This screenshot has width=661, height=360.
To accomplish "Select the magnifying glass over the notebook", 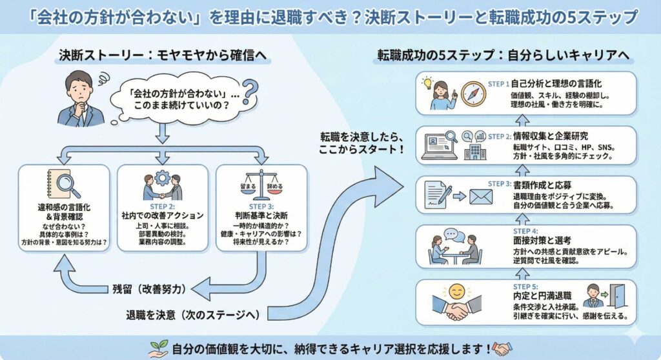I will tap(67, 185).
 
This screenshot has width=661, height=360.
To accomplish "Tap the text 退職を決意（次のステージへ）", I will tap(192, 315).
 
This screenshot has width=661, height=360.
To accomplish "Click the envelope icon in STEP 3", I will tap(480, 196).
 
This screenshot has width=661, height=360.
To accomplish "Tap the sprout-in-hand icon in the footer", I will tap(159, 348).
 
